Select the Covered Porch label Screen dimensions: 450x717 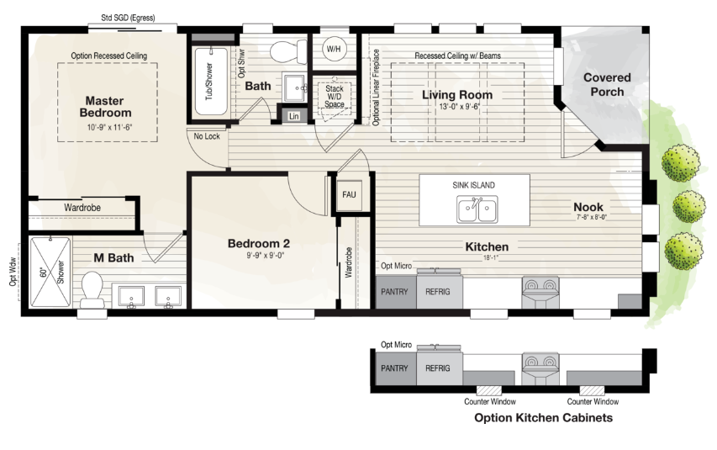click(x=607, y=84)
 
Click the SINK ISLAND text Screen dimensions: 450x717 click(x=474, y=185)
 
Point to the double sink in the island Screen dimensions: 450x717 click(x=476, y=209)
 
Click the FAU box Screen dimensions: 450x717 click(x=349, y=195)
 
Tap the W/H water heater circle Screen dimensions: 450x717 click(x=334, y=50)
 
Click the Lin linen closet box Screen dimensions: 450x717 click(x=293, y=117)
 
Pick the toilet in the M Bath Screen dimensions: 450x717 click(x=92, y=290)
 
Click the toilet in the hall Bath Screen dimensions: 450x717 click(x=287, y=50)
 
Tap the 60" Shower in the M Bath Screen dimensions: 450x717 click(x=50, y=271)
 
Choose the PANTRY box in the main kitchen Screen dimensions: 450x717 click(x=394, y=291)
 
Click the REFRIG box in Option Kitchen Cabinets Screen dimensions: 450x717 click(x=438, y=368)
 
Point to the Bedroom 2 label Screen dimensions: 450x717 click(x=258, y=244)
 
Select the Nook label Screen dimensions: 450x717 click(x=588, y=207)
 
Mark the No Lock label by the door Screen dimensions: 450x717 click(x=207, y=136)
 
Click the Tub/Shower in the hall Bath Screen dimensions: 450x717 click(x=210, y=75)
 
